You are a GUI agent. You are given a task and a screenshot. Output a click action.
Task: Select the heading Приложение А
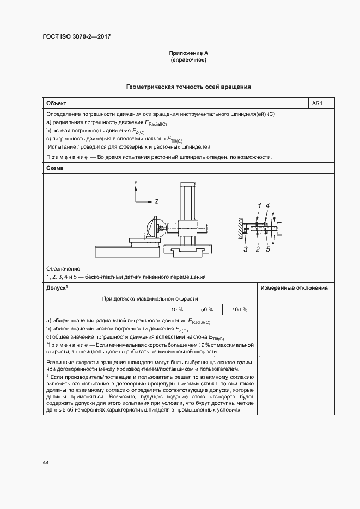188,53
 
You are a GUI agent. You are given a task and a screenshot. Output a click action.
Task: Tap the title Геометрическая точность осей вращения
188,87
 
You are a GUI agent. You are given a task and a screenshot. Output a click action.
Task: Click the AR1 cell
318,103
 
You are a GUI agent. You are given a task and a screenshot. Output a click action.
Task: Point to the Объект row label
57,103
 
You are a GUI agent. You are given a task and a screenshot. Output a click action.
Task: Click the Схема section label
54,168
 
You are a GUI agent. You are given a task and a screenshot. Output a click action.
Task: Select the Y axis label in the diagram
136,182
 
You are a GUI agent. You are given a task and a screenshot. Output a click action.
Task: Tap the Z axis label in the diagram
156,201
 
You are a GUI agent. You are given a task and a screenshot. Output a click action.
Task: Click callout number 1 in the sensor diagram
260,205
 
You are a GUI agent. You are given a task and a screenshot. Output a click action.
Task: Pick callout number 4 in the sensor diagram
268,205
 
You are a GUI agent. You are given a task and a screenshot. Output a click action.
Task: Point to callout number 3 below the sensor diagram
246,249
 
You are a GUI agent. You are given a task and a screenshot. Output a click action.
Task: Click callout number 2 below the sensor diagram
258,249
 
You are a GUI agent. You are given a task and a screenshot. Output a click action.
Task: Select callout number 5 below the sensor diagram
268,249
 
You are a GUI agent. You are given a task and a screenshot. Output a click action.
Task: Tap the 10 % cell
177,310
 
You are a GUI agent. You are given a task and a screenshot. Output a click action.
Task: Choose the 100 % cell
240,310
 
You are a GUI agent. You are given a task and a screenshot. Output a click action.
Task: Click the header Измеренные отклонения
295,287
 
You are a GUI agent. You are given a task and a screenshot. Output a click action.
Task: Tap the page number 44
46,462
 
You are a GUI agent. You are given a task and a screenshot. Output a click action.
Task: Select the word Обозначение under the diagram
64,269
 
